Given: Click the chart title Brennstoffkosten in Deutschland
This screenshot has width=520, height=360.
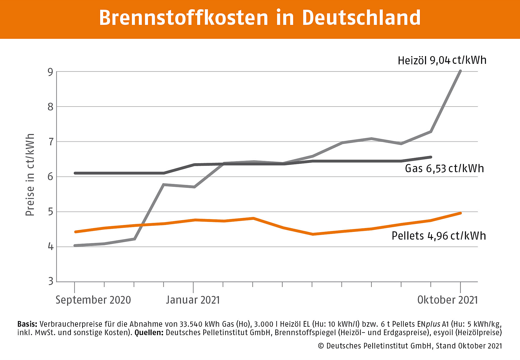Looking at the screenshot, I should pyautogui.click(x=260, y=18).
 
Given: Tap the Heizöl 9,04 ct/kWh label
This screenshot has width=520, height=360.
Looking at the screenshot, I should pyautogui.click(x=442, y=60).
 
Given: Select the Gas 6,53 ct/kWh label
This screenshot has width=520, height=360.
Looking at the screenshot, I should pyautogui.click(x=444, y=169).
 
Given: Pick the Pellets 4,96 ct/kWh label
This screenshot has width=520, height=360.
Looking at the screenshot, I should pyautogui.click(x=438, y=236).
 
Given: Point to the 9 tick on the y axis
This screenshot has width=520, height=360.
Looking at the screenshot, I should pyautogui.click(x=50, y=72).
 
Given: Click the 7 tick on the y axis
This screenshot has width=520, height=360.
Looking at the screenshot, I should pyautogui.click(x=50, y=142).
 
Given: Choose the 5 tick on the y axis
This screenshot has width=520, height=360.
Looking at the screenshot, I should pyautogui.click(x=50, y=212).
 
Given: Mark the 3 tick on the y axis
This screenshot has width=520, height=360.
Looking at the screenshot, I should pyautogui.click(x=50, y=281).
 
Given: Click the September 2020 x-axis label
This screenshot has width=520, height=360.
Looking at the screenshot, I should pyautogui.click(x=93, y=300).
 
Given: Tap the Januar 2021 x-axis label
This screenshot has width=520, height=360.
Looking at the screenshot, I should pyautogui.click(x=193, y=300).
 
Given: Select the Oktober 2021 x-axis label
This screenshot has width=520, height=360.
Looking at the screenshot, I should pyautogui.click(x=447, y=300).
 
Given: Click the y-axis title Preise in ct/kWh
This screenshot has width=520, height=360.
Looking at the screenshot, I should pyautogui.click(x=30, y=175).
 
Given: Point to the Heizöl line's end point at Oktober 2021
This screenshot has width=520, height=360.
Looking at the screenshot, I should pyautogui.click(x=460, y=71).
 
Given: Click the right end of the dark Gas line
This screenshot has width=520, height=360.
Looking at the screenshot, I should pyautogui.click(x=431, y=157).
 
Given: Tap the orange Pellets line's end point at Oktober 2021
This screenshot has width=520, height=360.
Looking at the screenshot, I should pyautogui.click(x=460, y=213).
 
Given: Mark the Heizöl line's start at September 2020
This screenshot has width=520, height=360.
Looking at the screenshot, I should pyautogui.click(x=75, y=245).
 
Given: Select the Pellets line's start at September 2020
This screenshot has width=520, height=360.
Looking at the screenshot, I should pyautogui.click(x=75, y=232).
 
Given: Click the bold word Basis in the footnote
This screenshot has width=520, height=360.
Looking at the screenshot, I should pyautogui.click(x=27, y=324).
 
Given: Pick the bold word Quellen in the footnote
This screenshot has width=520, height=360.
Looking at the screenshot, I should pyautogui.click(x=149, y=332).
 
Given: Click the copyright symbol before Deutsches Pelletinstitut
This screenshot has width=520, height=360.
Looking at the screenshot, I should pyautogui.click(x=321, y=346).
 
